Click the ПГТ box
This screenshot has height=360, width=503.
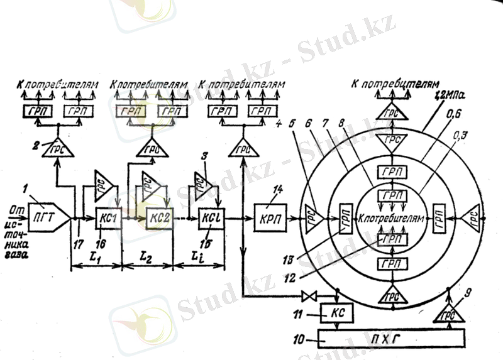pos(44,218)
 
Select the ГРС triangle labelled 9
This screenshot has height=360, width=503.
pos(448,312)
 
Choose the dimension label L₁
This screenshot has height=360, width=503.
pos(97,258)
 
